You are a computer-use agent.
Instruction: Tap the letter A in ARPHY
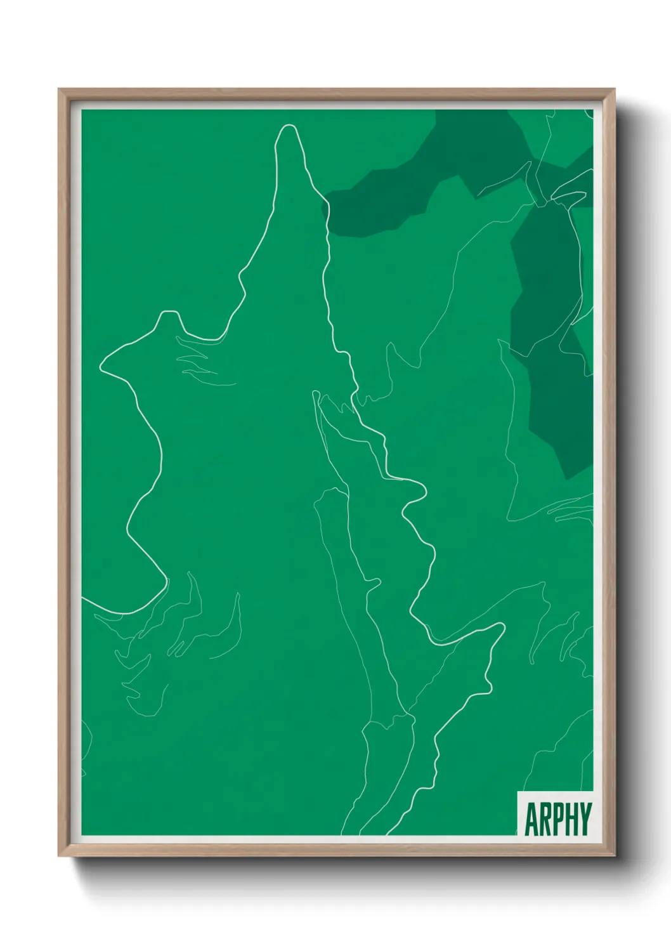tap(531, 819)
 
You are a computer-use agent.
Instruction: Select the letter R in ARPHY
tap(544, 819)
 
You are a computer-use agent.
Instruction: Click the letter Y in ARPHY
tap(584, 819)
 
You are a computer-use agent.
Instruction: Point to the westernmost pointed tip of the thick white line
tap(100, 367)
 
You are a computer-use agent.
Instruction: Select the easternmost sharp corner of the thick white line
tap(504, 626)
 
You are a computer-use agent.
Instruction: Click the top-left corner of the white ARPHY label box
tap(518, 792)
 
